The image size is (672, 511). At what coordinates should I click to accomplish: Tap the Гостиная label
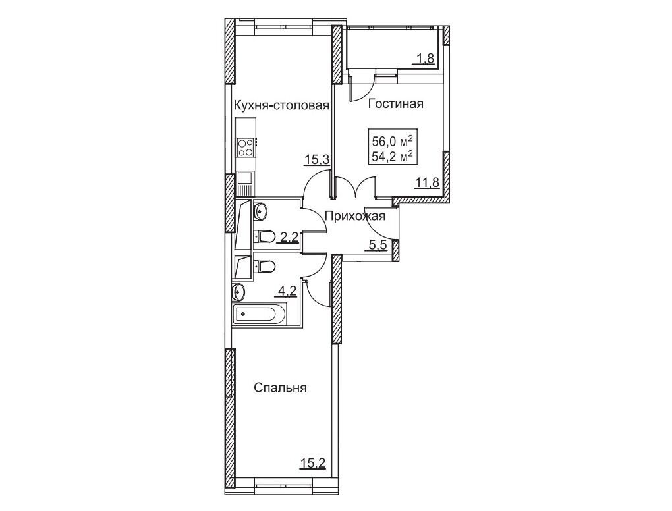[395, 104]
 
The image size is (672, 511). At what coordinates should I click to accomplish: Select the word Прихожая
[355, 216]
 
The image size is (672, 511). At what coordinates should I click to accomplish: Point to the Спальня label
[280, 388]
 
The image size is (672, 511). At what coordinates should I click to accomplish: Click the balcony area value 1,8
[424, 59]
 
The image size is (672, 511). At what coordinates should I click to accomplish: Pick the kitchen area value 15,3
[316, 160]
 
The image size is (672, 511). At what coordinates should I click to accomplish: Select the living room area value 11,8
[427, 183]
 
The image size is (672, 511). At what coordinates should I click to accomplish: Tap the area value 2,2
[289, 237]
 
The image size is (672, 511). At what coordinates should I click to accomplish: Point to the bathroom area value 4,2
[287, 291]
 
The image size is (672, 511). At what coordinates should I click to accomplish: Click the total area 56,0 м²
[393, 141]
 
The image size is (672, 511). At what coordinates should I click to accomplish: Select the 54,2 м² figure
[393, 157]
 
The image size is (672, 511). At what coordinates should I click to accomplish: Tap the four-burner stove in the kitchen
[246, 148]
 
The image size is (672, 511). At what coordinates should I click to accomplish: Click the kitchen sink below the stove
[245, 182]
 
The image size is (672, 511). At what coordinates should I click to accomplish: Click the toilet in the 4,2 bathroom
[264, 267]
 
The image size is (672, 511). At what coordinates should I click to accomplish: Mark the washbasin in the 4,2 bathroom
[238, 292]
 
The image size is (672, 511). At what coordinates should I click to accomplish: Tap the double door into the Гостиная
[355, 187]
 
